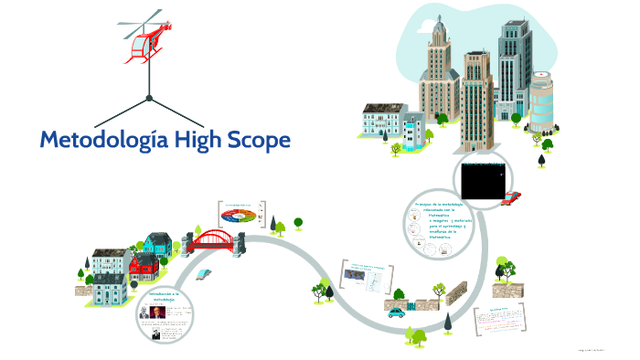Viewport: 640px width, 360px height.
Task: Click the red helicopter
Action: click(x=146, y=41)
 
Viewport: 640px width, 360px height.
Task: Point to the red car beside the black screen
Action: click(x=512, y=196)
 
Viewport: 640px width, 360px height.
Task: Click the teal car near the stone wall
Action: click(x=397, y=312)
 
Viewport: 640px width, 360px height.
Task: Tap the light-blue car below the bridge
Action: click(x=206, y=273)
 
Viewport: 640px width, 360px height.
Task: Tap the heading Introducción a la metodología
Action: click(x=162, y=295)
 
